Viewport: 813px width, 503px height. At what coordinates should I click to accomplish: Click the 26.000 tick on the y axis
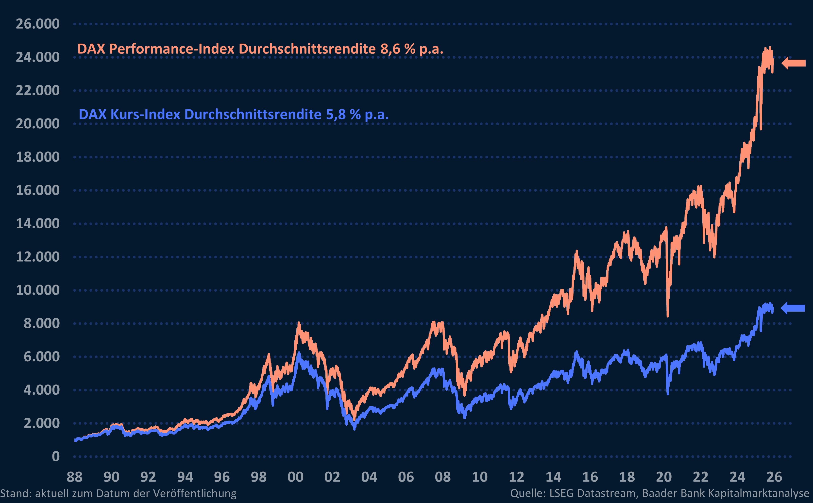coord(38,24)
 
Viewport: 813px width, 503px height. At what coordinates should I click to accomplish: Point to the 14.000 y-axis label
coord(38,224)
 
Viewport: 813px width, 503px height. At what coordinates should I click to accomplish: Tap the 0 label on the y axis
coord(55,456)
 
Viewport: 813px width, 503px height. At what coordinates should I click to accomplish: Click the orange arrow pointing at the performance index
coord(793,63)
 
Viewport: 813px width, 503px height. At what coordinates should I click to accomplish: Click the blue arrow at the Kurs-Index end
coord(793,308)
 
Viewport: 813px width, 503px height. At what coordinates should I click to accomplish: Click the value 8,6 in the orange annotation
coord(390,49)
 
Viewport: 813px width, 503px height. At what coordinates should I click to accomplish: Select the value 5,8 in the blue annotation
coord(336,115)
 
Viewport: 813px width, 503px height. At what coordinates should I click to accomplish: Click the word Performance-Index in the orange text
coord(172,49)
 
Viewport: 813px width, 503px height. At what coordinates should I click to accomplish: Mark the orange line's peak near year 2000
coord(299,323)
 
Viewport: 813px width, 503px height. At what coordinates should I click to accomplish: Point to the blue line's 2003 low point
coord(354,429)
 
